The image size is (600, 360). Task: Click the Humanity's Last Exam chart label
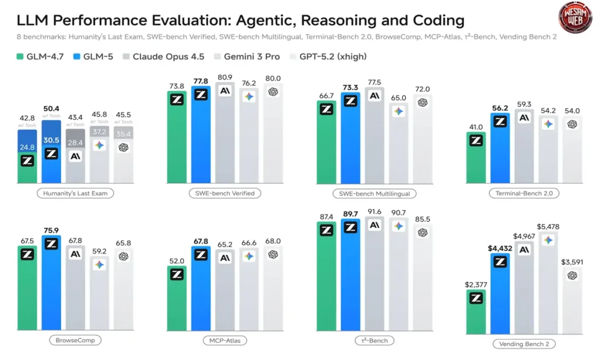75,192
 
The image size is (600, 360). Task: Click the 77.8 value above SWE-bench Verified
201,80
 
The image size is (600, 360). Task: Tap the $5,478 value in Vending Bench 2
548,227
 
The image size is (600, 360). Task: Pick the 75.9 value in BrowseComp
51,230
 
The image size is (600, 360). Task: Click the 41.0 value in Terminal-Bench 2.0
475,127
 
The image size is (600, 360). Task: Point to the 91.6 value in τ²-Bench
374,212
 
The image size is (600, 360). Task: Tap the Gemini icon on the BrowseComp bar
100,265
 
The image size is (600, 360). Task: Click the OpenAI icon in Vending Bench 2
572,276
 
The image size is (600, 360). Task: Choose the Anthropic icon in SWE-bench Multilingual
374,96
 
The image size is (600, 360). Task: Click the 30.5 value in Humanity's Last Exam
51,141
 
